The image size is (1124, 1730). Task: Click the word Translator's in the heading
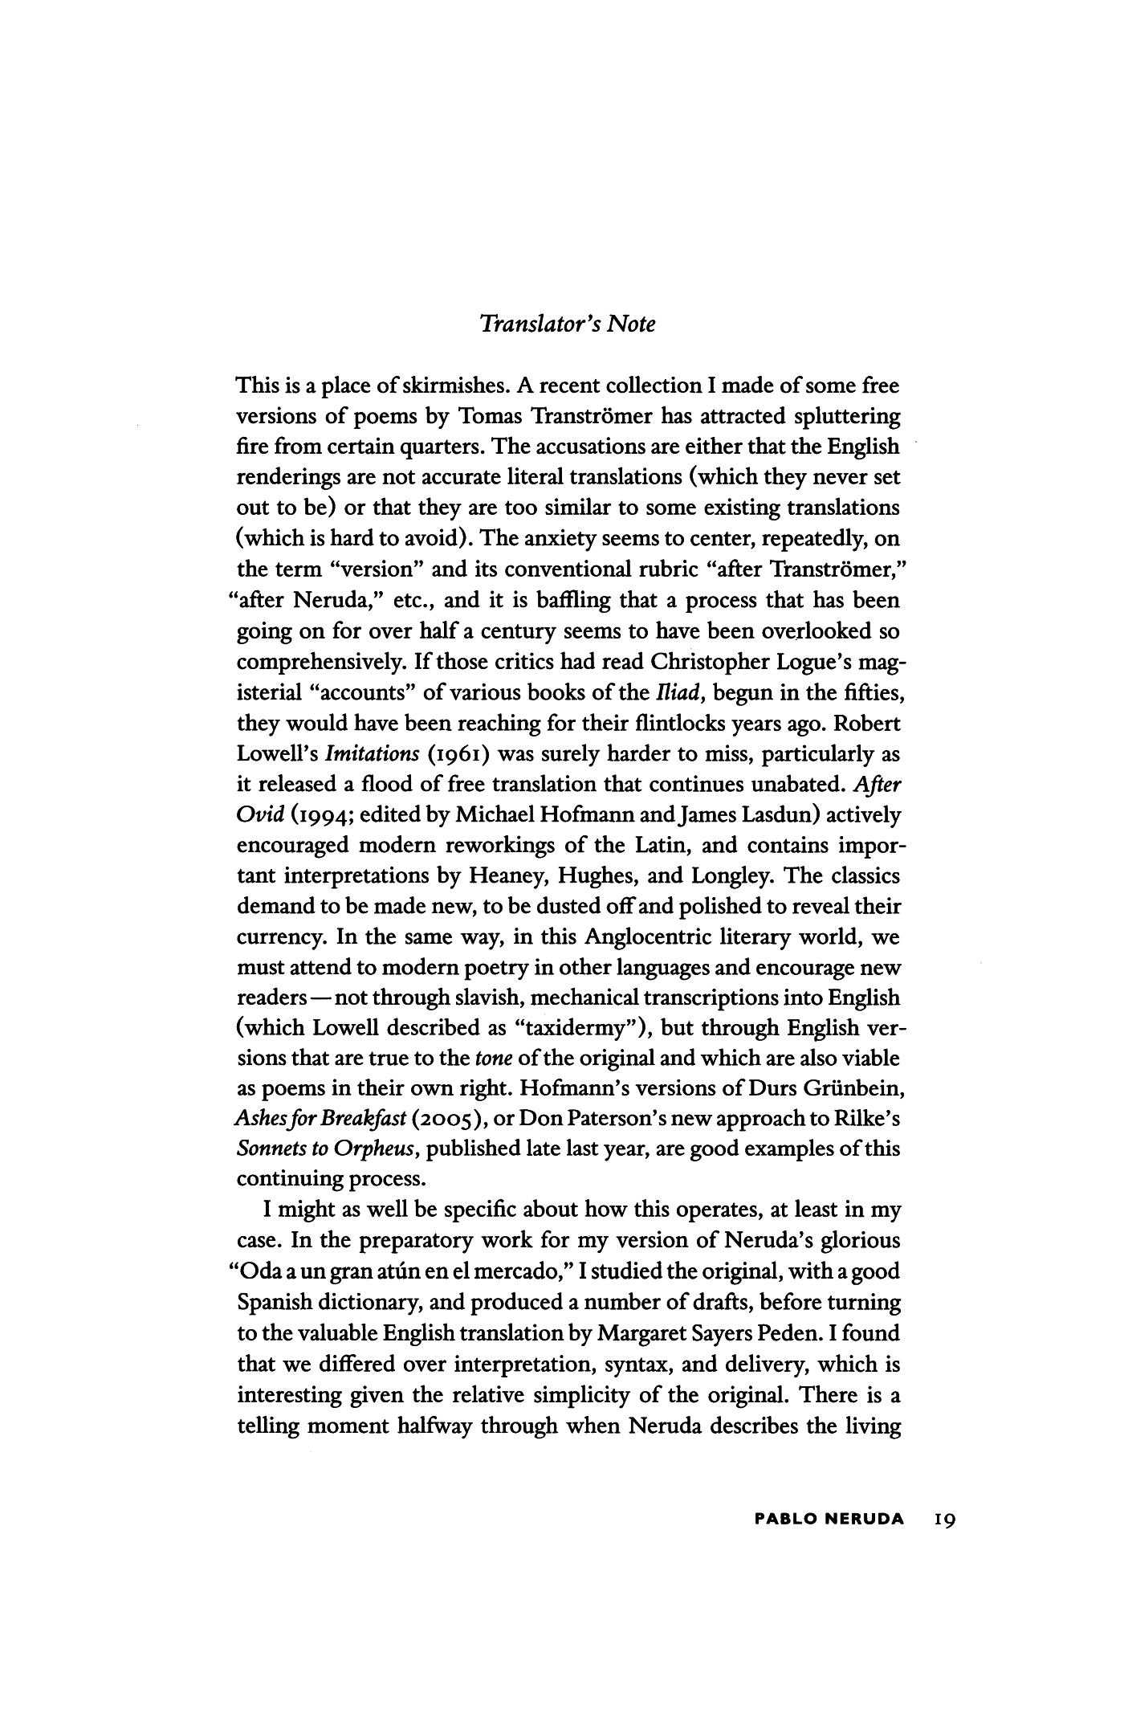(534, 324)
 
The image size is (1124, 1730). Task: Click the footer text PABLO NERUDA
(829, 1520)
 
